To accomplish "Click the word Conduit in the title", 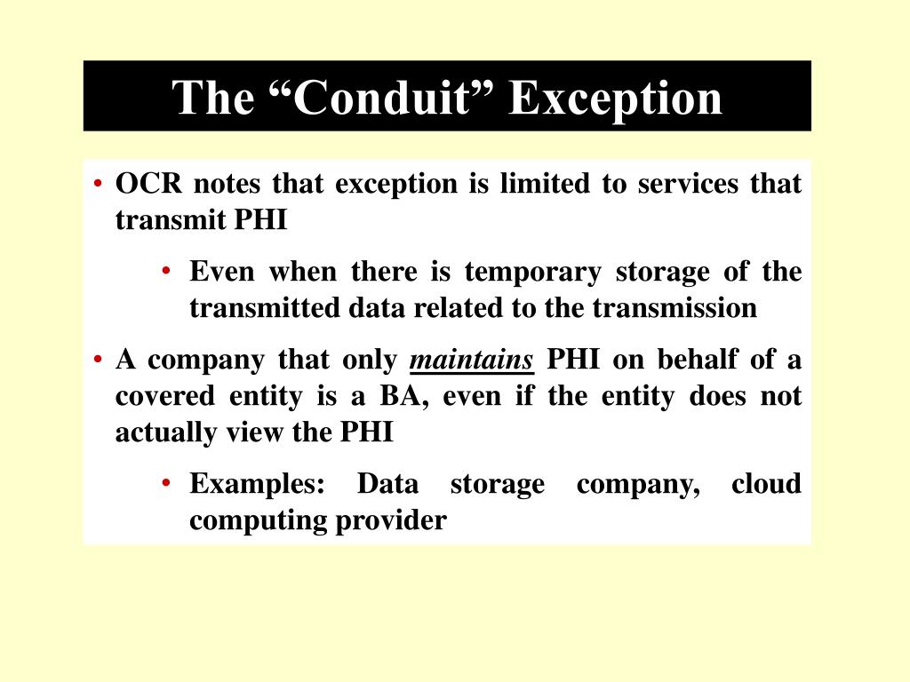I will pyautogui.click(x=379, y=98).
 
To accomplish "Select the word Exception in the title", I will pyautogui.click(x=615, y=98).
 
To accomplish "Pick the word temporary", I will pyautogui.click(x=532, y=272).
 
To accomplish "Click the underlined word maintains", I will pyautogui.click(x=471, y=361).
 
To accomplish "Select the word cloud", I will pyautogui.click(x=766, y=485).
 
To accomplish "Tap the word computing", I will pyautogui.click(x=258, y=520).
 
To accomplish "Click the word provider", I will pyautogui.click(x=391, y=520).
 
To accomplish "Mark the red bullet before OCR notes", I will pyautogui.click(x=100, y=185).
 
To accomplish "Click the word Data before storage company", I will pyautogui.click(x=387, y=485).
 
